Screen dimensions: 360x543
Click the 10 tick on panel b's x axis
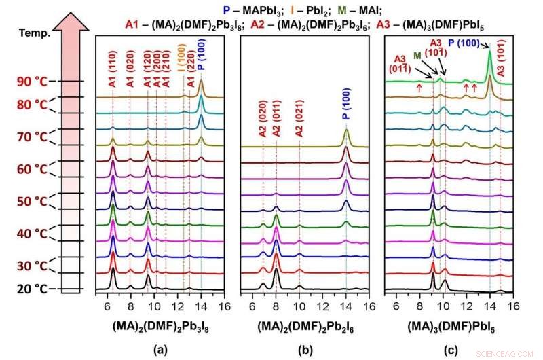coord(299,306)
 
